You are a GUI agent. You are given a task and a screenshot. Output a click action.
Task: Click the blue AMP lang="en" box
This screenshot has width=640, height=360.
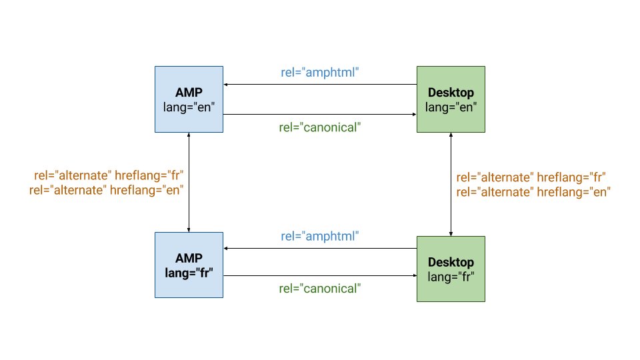point(189,99)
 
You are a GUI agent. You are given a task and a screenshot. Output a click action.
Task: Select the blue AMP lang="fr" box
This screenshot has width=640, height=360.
point(189,265)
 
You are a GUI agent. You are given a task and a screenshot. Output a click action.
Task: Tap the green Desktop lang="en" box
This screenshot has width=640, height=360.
point(451,99)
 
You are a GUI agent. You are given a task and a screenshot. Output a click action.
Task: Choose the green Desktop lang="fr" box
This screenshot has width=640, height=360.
point(451,269)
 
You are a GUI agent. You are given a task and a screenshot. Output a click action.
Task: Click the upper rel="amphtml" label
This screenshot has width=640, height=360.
point(320,72)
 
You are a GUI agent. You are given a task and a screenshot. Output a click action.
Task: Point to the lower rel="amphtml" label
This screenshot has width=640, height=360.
point(320,236)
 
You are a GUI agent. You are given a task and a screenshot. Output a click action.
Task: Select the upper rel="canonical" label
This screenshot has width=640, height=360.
point(320,127)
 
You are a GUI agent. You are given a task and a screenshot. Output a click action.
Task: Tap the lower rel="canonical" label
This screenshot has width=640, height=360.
point(320,289)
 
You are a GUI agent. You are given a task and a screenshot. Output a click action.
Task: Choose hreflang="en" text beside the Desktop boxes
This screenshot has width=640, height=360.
point(572,191)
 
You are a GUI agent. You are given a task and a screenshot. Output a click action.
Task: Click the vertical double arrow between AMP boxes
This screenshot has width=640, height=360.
point(189,181)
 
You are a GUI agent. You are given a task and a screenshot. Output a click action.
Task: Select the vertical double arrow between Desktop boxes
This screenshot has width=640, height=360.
point(452,184)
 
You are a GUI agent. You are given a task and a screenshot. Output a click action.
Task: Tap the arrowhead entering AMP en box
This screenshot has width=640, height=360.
point(227,85)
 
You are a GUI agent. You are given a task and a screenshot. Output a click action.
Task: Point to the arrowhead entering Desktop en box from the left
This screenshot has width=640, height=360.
point(413,114)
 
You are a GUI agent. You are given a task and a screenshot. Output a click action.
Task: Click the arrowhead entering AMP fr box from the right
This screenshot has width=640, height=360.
point(227,248)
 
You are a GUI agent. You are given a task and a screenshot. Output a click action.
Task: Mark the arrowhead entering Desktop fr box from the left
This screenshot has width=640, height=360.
point(413,276)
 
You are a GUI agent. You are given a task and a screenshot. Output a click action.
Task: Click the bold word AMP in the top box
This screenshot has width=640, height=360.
point(189,92)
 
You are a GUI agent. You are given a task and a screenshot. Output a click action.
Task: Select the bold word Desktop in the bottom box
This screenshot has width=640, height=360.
point(451,262)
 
